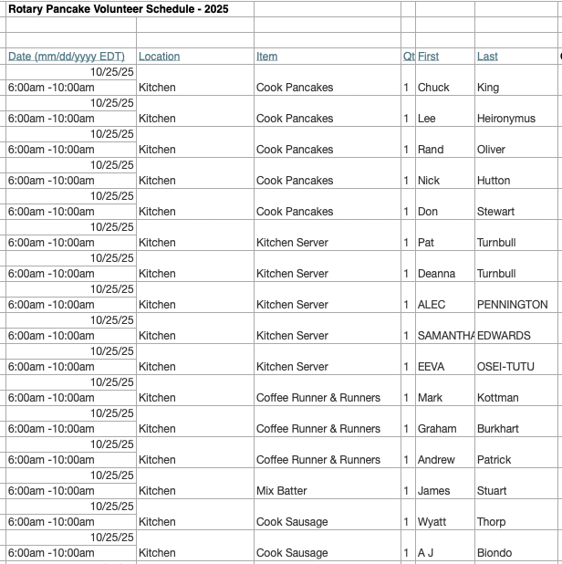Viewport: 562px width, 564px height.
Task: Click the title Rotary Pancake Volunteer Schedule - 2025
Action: click(x=119, y=9)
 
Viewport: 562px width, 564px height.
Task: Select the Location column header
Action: click(x=159, y=57)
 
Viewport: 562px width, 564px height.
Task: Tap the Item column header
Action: click(x=266, y=57)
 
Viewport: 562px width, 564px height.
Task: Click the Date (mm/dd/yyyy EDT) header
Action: click(x=67, y=57)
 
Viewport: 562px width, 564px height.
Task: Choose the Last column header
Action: click(x=487, y=57)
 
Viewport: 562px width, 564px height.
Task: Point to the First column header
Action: click(x=428, y=57)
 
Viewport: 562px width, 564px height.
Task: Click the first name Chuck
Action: click(x=433, y=88)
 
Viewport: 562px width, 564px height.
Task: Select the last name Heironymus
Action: click(x=505, y=119)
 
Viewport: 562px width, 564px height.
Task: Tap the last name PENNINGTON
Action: click(x=512, y=305)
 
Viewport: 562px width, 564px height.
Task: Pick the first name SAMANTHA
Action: click(x=445, y=336)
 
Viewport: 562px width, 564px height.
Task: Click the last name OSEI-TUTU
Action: click(x=505, y=367)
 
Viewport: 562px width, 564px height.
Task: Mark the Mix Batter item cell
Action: click(x=281, y=491)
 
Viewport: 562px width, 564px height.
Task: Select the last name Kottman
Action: click(x=497, y=398)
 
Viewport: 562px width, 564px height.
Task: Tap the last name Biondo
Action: click(x=494, y=553)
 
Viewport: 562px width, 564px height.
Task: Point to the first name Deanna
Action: click(x=436, y=274)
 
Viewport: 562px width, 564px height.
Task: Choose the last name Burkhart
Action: click(x=497, y=429)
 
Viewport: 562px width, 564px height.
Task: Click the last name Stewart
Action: click(x=495, y=212)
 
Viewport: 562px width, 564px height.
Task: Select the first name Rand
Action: click(x=431, y=150)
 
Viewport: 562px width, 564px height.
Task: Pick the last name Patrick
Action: click(x=494, y=460)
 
